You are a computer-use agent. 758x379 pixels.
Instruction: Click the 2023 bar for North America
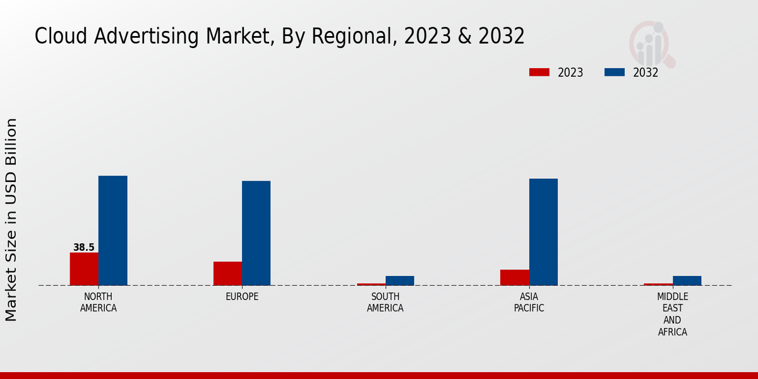(x=84, y=269)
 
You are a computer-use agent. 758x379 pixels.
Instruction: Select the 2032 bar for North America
(x=112, y=231)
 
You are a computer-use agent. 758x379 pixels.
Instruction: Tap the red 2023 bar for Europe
(x=227, y=274)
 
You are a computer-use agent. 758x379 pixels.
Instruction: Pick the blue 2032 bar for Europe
(x=256, y=233)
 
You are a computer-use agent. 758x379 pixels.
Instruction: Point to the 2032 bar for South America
(x=399, y=280)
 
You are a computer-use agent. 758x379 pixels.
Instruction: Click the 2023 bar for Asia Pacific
(x=514, y=277)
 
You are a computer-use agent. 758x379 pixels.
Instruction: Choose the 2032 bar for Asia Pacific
(x=543, y=232)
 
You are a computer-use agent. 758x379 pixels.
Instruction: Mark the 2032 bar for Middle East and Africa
(x=687, y=280)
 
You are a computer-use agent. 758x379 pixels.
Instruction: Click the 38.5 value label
(x=83, y=248)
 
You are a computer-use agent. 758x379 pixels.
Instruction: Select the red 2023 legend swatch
(x=539, y=73)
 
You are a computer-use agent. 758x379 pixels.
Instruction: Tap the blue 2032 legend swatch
(x=614, y=73)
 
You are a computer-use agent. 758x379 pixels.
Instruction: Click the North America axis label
(x=99, y=303)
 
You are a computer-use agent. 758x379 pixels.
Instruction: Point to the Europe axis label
(x=242, y=297)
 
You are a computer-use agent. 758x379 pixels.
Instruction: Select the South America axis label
(x=385, y=303)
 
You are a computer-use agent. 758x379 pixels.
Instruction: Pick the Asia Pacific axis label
(x=529, y=303)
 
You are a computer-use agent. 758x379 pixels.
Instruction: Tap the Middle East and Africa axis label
(x=672, y=314)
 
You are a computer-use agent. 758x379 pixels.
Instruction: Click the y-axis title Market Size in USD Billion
(x=11, y=220)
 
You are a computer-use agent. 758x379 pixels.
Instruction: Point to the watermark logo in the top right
(x=652, y=44)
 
